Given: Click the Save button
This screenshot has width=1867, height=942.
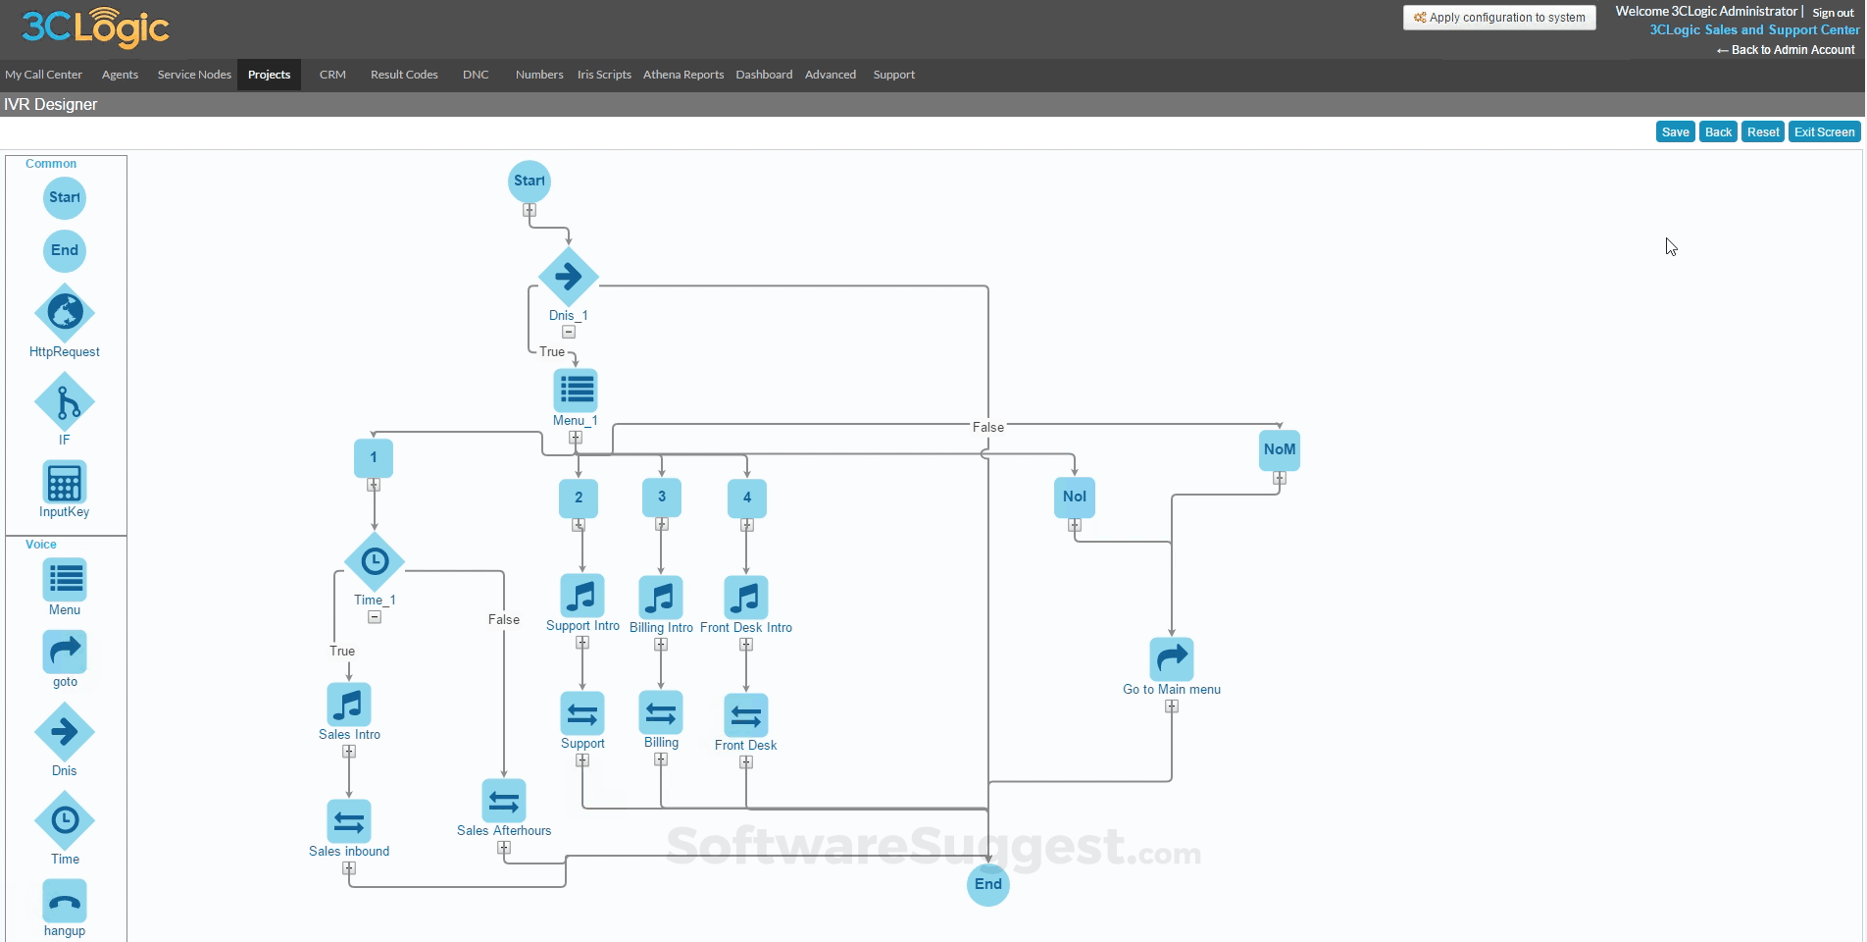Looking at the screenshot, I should [1675, 132].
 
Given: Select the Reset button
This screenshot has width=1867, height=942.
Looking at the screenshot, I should [1762, 132].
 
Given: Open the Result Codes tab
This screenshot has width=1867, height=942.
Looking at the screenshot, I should [404, 75].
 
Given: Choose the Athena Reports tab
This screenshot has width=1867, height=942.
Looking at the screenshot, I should [682, 75].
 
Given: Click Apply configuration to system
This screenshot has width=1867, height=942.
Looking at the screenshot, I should [1499, 18].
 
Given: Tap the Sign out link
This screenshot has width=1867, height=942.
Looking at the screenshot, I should [1833, 13].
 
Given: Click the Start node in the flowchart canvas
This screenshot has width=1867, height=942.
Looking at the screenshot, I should [530, 182].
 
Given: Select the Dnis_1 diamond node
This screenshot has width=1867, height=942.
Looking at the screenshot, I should [569, 277].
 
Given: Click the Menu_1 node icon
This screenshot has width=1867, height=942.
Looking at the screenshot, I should [576, 391].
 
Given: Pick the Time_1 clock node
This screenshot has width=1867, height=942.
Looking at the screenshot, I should [375, 562].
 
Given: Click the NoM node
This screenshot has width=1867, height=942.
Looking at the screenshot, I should [1280, 450].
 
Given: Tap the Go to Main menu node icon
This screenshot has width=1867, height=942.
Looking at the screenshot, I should [1172, 659].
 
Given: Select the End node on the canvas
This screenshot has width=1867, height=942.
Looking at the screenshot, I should [987, 885].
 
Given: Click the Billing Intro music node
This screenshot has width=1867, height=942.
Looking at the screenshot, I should [661, 598].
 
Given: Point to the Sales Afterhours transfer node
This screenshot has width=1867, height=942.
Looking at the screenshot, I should [504, 802].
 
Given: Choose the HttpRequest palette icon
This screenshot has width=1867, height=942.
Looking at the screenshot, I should [65, 313].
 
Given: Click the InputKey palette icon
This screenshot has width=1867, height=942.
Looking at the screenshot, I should [65, 483].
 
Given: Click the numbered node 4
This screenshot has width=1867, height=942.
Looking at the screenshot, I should [747, 498].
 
